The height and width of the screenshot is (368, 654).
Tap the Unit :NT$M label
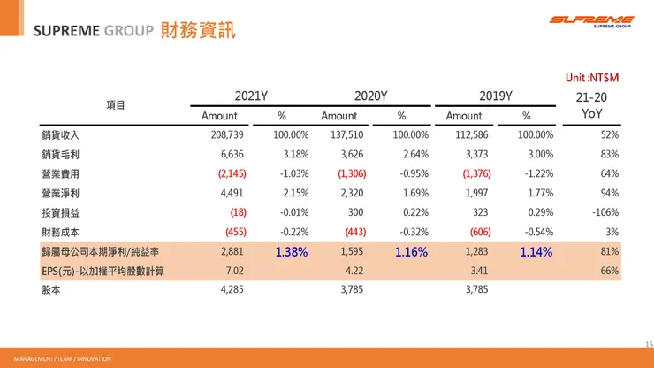pyautogui.click(x=592, y=78)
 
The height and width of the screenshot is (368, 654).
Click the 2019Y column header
pyautogui.click(x=497, y=96)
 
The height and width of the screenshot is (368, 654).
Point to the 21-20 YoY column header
pyautogui.click(x=591, y=104)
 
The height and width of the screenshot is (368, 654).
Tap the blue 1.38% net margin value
pyautogui.click(x=292, y=252)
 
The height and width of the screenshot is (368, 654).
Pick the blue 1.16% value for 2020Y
pyautogui.click(x=411, y=252)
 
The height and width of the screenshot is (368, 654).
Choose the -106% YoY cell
pyautogui.click(x=604, y=213)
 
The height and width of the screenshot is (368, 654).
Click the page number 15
pyautogui.click(x=645, y=343)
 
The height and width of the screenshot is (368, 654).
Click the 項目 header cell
pyautogui.click(x=116, y=105)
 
